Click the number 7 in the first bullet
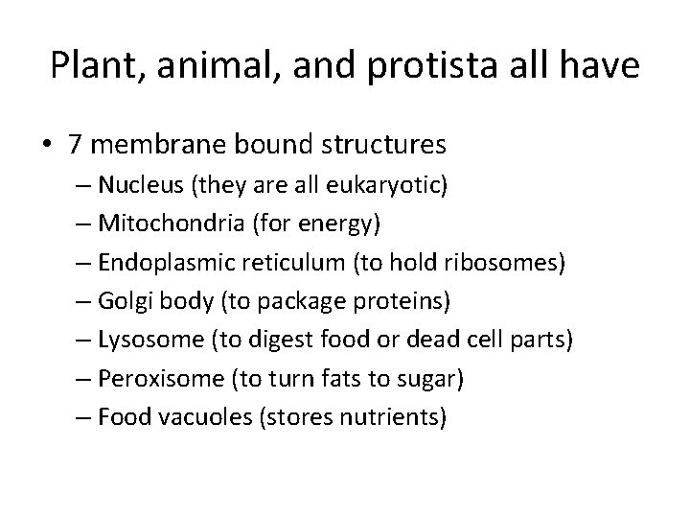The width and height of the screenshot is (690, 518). click(76, 145)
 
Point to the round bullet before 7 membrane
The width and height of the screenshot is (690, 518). click(47, 146)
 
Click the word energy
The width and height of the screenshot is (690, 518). click(335, 224)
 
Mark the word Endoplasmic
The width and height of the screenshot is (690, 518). click(166, 263)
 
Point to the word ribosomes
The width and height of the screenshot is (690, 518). click(508, 263)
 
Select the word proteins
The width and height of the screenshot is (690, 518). click(408, 301)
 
